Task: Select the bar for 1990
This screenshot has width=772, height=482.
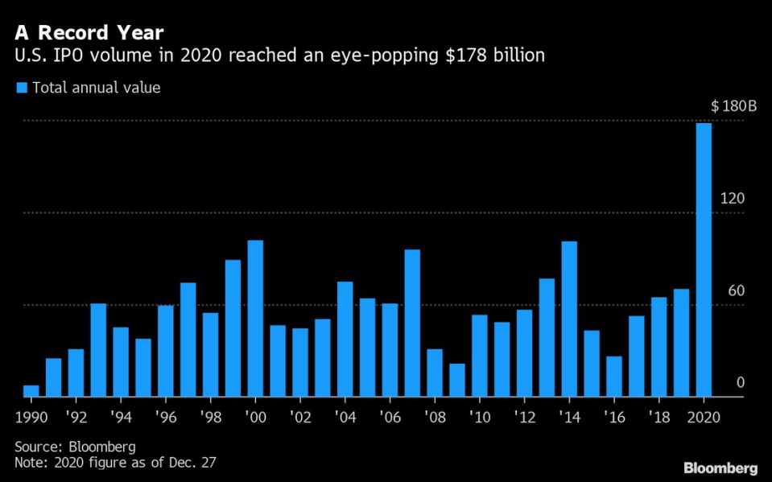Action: (31, 391)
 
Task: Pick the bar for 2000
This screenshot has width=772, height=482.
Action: (255, 319)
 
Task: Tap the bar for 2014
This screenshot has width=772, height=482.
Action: (569, 319)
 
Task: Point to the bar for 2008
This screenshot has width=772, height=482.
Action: (435, 373)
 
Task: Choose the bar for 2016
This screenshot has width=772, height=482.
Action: (614, 377)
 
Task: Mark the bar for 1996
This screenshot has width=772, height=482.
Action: (166, 351)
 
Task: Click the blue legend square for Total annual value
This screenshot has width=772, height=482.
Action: (22, 88)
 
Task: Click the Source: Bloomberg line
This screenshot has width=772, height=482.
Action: (75, 446)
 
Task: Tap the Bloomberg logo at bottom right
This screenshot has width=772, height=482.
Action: (720, 467)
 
